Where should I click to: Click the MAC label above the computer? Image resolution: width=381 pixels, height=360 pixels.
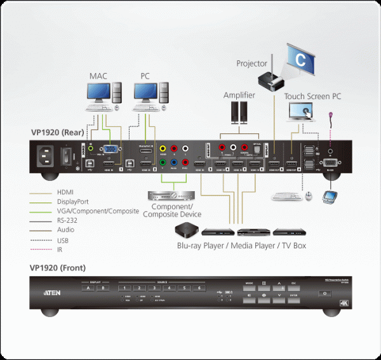click(x=98, y=77)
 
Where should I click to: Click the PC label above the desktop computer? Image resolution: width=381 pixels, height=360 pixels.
click(x=145, y=77)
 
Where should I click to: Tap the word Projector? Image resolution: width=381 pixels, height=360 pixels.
click(x=252, y=63)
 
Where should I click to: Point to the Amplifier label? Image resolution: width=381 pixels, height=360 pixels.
click(x=239, y=95)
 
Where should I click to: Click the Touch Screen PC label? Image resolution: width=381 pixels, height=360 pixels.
click(x=312, y=97)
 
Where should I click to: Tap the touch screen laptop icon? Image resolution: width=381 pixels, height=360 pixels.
click(x=303, y=112)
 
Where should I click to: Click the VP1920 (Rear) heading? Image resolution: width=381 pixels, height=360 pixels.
click(x=58, y=133)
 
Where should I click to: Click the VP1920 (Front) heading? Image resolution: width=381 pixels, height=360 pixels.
click(x=58, y=268)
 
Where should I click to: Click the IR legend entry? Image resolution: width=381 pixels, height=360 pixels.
click(x=62, y=250)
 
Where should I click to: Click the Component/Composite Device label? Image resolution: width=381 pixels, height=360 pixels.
click(x=177, y=210)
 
